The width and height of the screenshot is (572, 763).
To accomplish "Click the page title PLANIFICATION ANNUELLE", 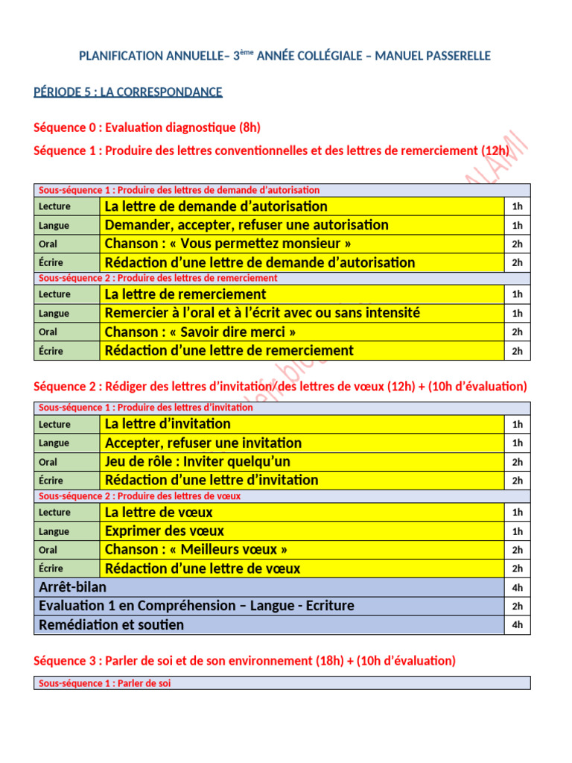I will click(x=285, y=57).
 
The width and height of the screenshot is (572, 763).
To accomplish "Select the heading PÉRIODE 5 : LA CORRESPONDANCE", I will click(x=128, y=92).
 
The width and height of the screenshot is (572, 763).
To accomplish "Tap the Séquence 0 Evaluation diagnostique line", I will click(x=147, y=128).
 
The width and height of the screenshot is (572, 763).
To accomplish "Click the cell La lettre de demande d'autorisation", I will click(x=216, y=206).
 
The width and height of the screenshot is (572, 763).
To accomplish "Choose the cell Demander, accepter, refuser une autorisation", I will click(x=247, y=225).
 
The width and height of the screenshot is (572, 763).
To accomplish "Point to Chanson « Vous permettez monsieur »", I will click(x=229, y=244).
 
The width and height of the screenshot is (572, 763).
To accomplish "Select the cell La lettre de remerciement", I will click(x=185, y=294).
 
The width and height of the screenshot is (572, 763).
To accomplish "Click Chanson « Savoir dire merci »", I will click(x=200, y=332).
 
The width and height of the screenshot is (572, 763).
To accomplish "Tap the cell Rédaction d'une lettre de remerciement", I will click(x=229, y=351).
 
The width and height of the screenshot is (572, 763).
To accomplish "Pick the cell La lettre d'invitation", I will click(x=168, y=424).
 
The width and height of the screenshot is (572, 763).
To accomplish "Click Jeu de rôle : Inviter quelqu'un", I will click(x=198, y=462).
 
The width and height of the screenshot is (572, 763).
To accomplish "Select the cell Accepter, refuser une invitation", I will click(x=203, y=443).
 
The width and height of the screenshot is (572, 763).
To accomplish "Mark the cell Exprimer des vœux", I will click(x=165, y=531).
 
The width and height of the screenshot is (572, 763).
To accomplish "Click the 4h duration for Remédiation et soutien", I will click(x=517, y=625).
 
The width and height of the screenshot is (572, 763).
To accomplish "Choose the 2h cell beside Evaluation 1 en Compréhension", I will click(x=517, y=607).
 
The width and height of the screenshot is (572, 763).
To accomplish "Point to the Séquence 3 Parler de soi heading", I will click(x=244, y=661).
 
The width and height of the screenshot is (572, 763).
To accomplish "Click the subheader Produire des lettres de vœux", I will click(x=139, y=496).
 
